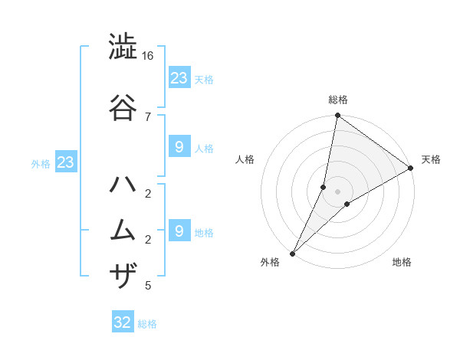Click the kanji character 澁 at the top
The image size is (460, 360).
coord(123,47)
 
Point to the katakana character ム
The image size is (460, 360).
coord(123,229)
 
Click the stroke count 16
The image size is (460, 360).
coord(148,56)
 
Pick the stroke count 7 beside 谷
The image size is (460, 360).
coord(148,116)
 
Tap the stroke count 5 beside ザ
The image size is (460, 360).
coord(148,286)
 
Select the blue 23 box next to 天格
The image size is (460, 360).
coord(179,77)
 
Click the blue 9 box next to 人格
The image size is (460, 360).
coord(179,147)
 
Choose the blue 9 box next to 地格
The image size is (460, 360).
coord(179,231)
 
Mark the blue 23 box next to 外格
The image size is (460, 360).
coord(65,162)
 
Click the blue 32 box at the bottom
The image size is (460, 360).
coord(123,322)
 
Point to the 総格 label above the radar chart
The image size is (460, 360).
coord(338,100)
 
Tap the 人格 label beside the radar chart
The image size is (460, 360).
coord(245,159)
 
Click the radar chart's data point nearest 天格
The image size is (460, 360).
coord(412,169)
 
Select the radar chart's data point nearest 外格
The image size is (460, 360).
coord(292,254)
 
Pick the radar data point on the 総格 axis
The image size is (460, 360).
coord(337,116)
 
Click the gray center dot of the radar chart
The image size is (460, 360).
coord(337,191)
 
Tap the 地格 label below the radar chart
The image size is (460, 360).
coord(402,262)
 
